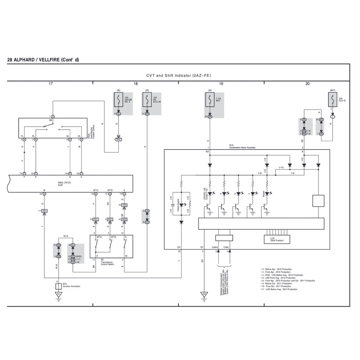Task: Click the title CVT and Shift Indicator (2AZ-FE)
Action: (179, 76)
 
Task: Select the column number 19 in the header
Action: (221, 84)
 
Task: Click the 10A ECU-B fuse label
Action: (342, 99)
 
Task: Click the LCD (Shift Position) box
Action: (277, 239)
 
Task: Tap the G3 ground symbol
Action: (204, 294)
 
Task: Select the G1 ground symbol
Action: (59, 294)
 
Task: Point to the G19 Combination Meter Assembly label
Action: (243, 147)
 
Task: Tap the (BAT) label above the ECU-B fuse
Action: (333, 90)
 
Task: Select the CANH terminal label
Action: (215, 247)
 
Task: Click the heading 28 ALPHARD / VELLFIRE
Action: (43, 60)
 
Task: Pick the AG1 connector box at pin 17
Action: (44, 211)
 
